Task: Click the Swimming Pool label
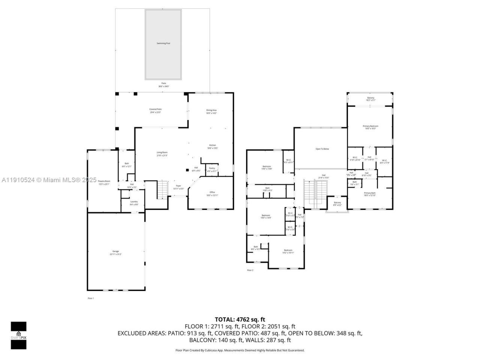pyautogui.click(x=163, y=43)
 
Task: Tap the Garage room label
pyautogui.click(x=115, y=252)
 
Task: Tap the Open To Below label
pyautogui.click(x=322, y=149)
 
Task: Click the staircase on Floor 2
pyautogui.click(x=315, y=193)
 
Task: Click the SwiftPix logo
pyautogui.click(x=18, y=335)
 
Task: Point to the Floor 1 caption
pyautogui.click(x=90, y=298)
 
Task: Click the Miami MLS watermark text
pyautogui.click(x=49, y=180)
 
